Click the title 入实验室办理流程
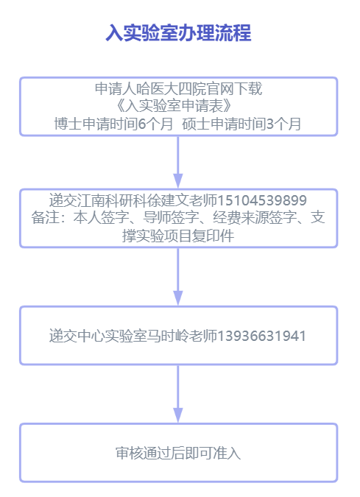178,32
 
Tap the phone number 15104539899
262,200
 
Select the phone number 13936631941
261,336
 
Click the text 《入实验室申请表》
174,106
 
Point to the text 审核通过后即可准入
178,453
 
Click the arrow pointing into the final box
178,394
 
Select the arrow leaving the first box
178,162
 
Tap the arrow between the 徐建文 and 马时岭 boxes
178,276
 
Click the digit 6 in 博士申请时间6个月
142,124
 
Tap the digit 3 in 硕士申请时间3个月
270,124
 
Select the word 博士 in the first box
68,124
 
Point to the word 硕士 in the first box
196,124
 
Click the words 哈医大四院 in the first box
171,88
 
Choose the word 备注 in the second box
45,218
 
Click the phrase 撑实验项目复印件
178,236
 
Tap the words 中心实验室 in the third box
112,336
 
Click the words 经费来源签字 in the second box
255,218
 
